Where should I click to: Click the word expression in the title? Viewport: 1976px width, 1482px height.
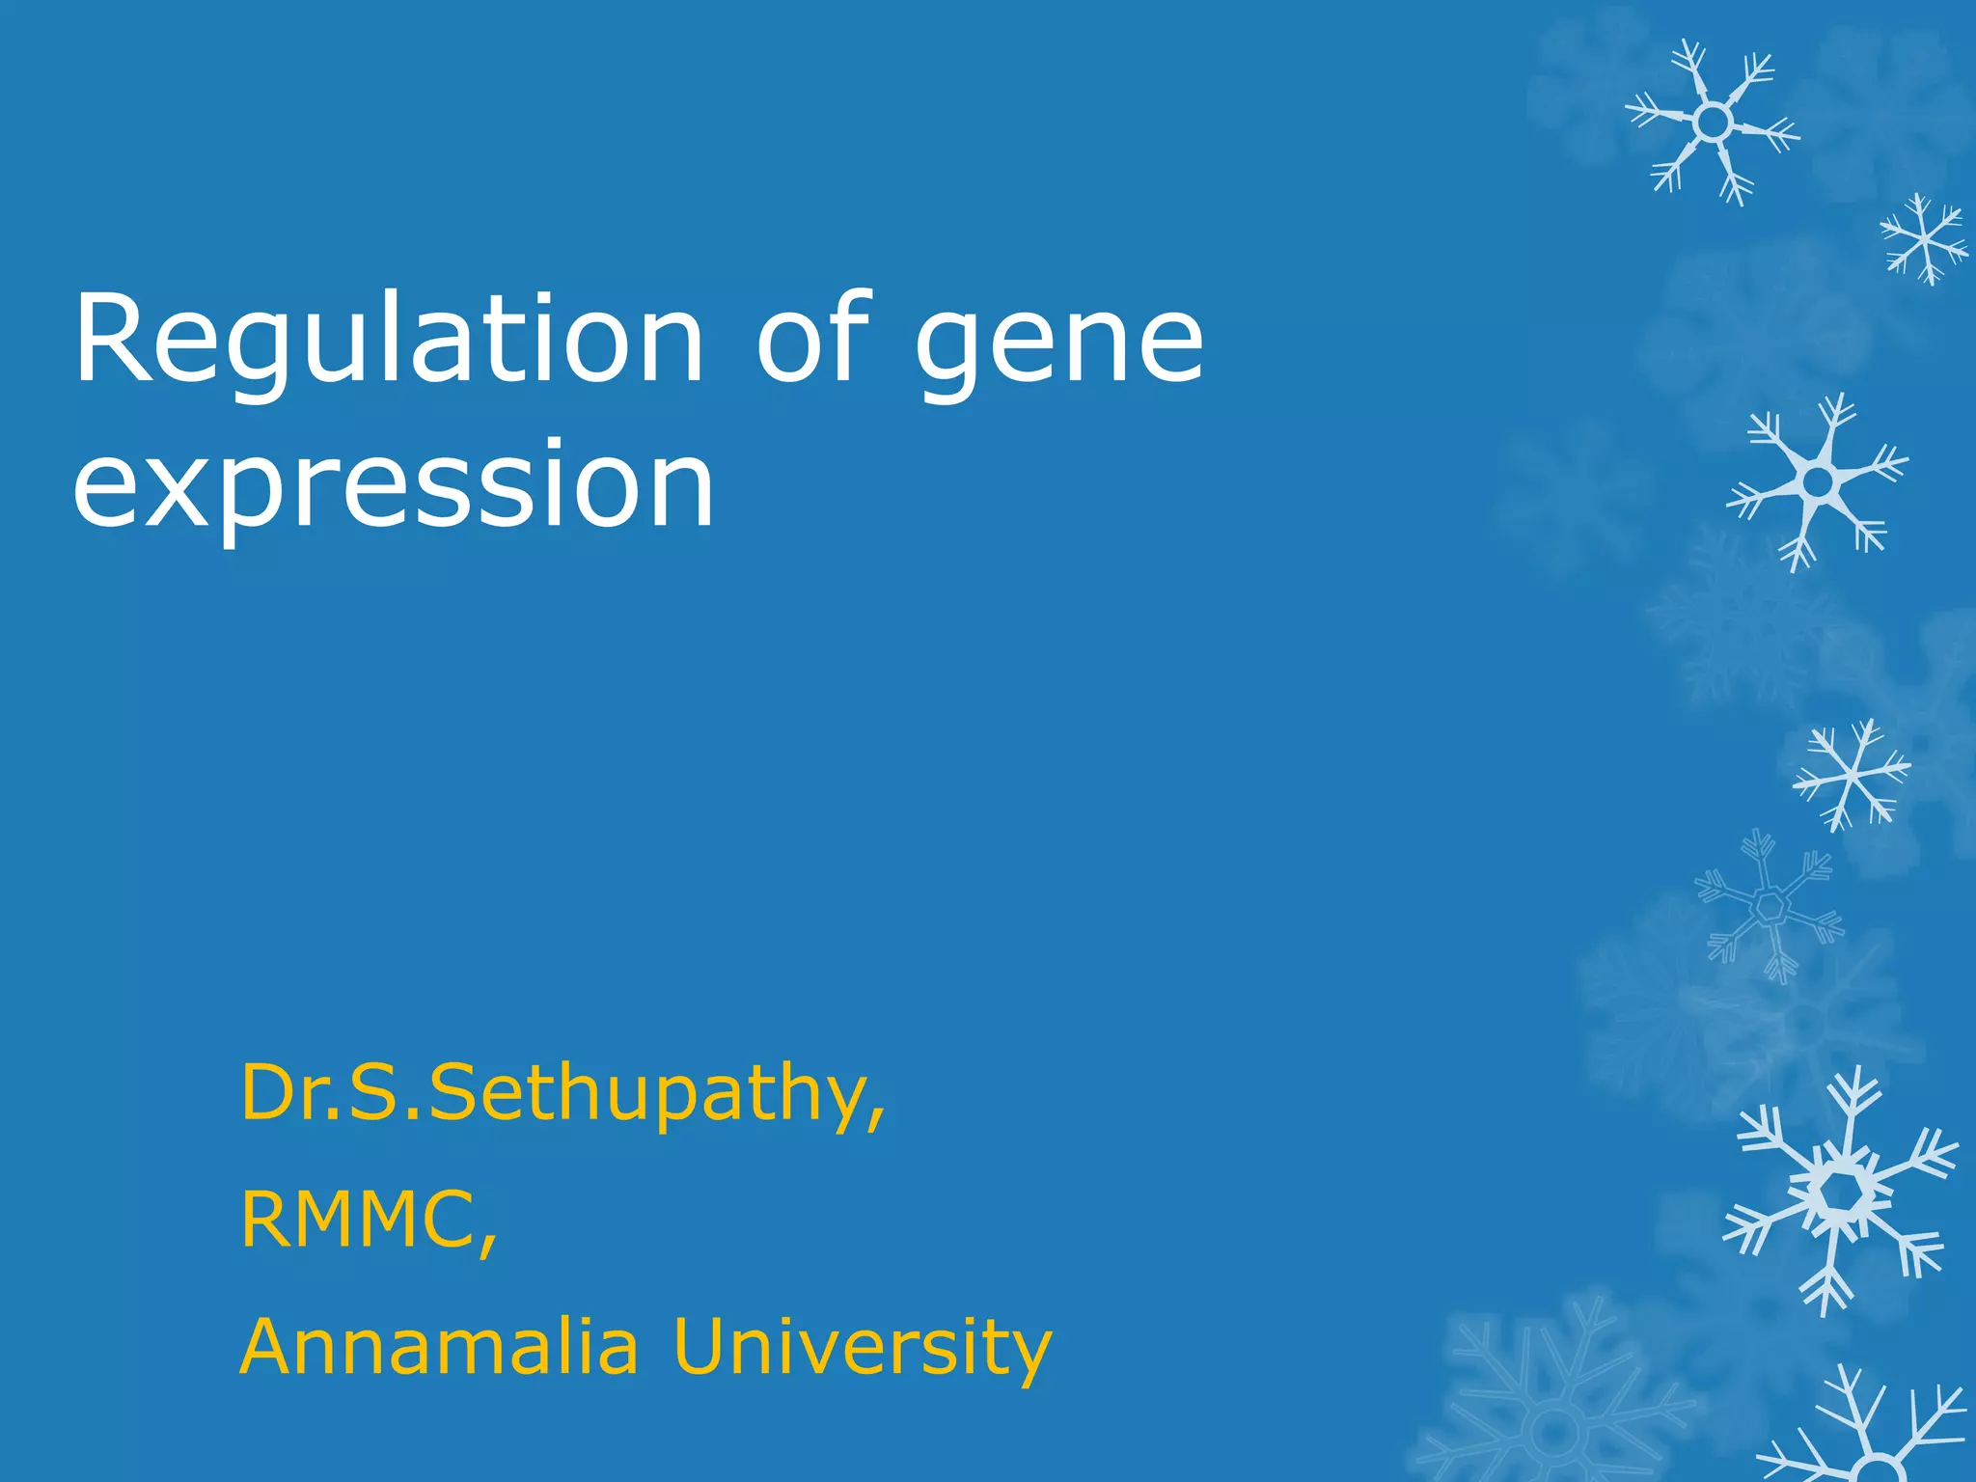[x=393, y=485]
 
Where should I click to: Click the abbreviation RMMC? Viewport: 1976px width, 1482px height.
[x=357, y=1221]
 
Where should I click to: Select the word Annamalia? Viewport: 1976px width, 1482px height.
[x=439, y=1347]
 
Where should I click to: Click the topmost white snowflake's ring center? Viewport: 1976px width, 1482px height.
[x=1713, y=123]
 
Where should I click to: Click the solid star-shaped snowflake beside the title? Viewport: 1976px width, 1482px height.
[x=1818, y=480]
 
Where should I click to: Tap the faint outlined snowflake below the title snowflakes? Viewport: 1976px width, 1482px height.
[x=1770, y=907]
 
